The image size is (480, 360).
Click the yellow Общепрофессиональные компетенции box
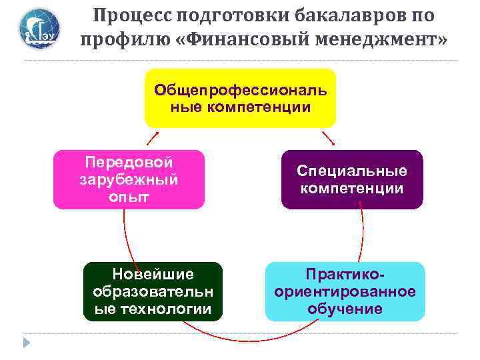click(240, 98)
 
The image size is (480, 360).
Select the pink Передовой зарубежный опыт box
click(129, 179)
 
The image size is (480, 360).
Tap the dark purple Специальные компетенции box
click(351, 179)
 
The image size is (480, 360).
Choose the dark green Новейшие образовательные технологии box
click(153, 291)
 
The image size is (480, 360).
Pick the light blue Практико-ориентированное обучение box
click(345, 291)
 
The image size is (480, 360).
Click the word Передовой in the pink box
click(129, 163)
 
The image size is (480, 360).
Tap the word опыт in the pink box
click(127, 197)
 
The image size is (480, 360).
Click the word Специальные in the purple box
click(351, 171)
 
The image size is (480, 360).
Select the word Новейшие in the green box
click(153, 274)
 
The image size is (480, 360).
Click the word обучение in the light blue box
click(345, 309)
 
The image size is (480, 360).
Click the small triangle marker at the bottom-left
click(26, 343)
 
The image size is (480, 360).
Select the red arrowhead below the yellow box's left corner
click(157, 132)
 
